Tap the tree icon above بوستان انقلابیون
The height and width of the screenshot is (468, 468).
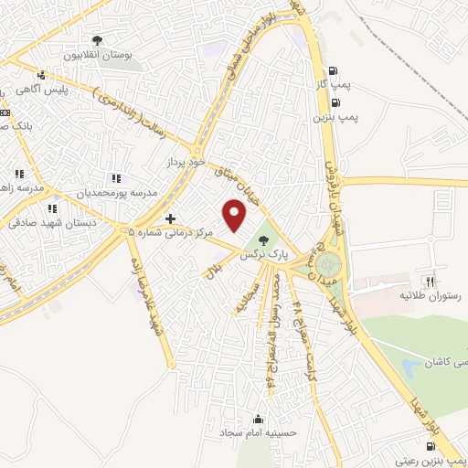97,40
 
